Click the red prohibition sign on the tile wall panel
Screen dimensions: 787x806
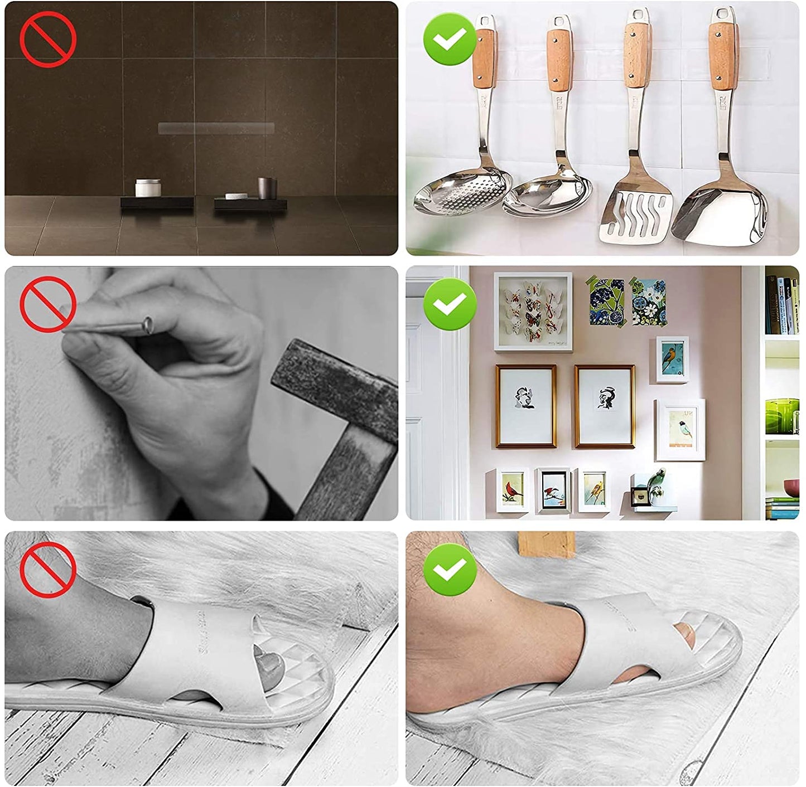click(48, 39)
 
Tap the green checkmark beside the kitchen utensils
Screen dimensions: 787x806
click(450, 39)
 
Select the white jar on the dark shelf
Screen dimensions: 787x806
click(148, 188)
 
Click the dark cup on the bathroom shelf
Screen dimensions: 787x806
click(267, 187)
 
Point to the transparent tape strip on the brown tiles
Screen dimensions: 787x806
click(216, 129)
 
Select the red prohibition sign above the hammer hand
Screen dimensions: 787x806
click(48, 304)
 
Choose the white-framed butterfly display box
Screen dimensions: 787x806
click(533, 312)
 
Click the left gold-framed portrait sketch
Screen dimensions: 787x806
click(525, 406)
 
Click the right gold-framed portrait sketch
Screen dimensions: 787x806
click(605, 406)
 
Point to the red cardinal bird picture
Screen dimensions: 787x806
click(512, 490)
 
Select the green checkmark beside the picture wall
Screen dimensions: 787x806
click(450, 304)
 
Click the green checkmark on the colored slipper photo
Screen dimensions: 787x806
click(450, 570)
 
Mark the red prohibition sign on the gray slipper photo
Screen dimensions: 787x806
click(48, 570)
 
